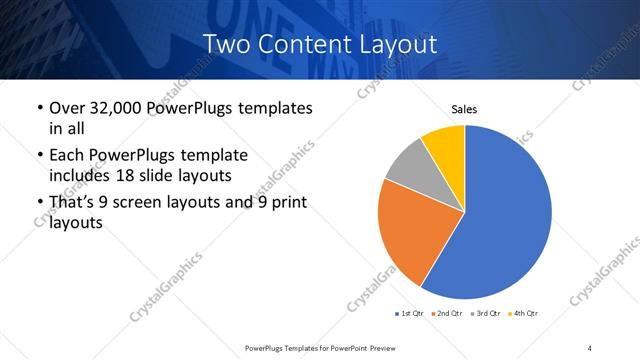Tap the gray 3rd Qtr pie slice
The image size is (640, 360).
[x=410, y=165]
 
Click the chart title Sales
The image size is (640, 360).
[x=464, y=108]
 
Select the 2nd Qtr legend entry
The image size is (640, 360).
[x=448, y=314]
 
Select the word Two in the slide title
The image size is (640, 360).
[x=223, y=45]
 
